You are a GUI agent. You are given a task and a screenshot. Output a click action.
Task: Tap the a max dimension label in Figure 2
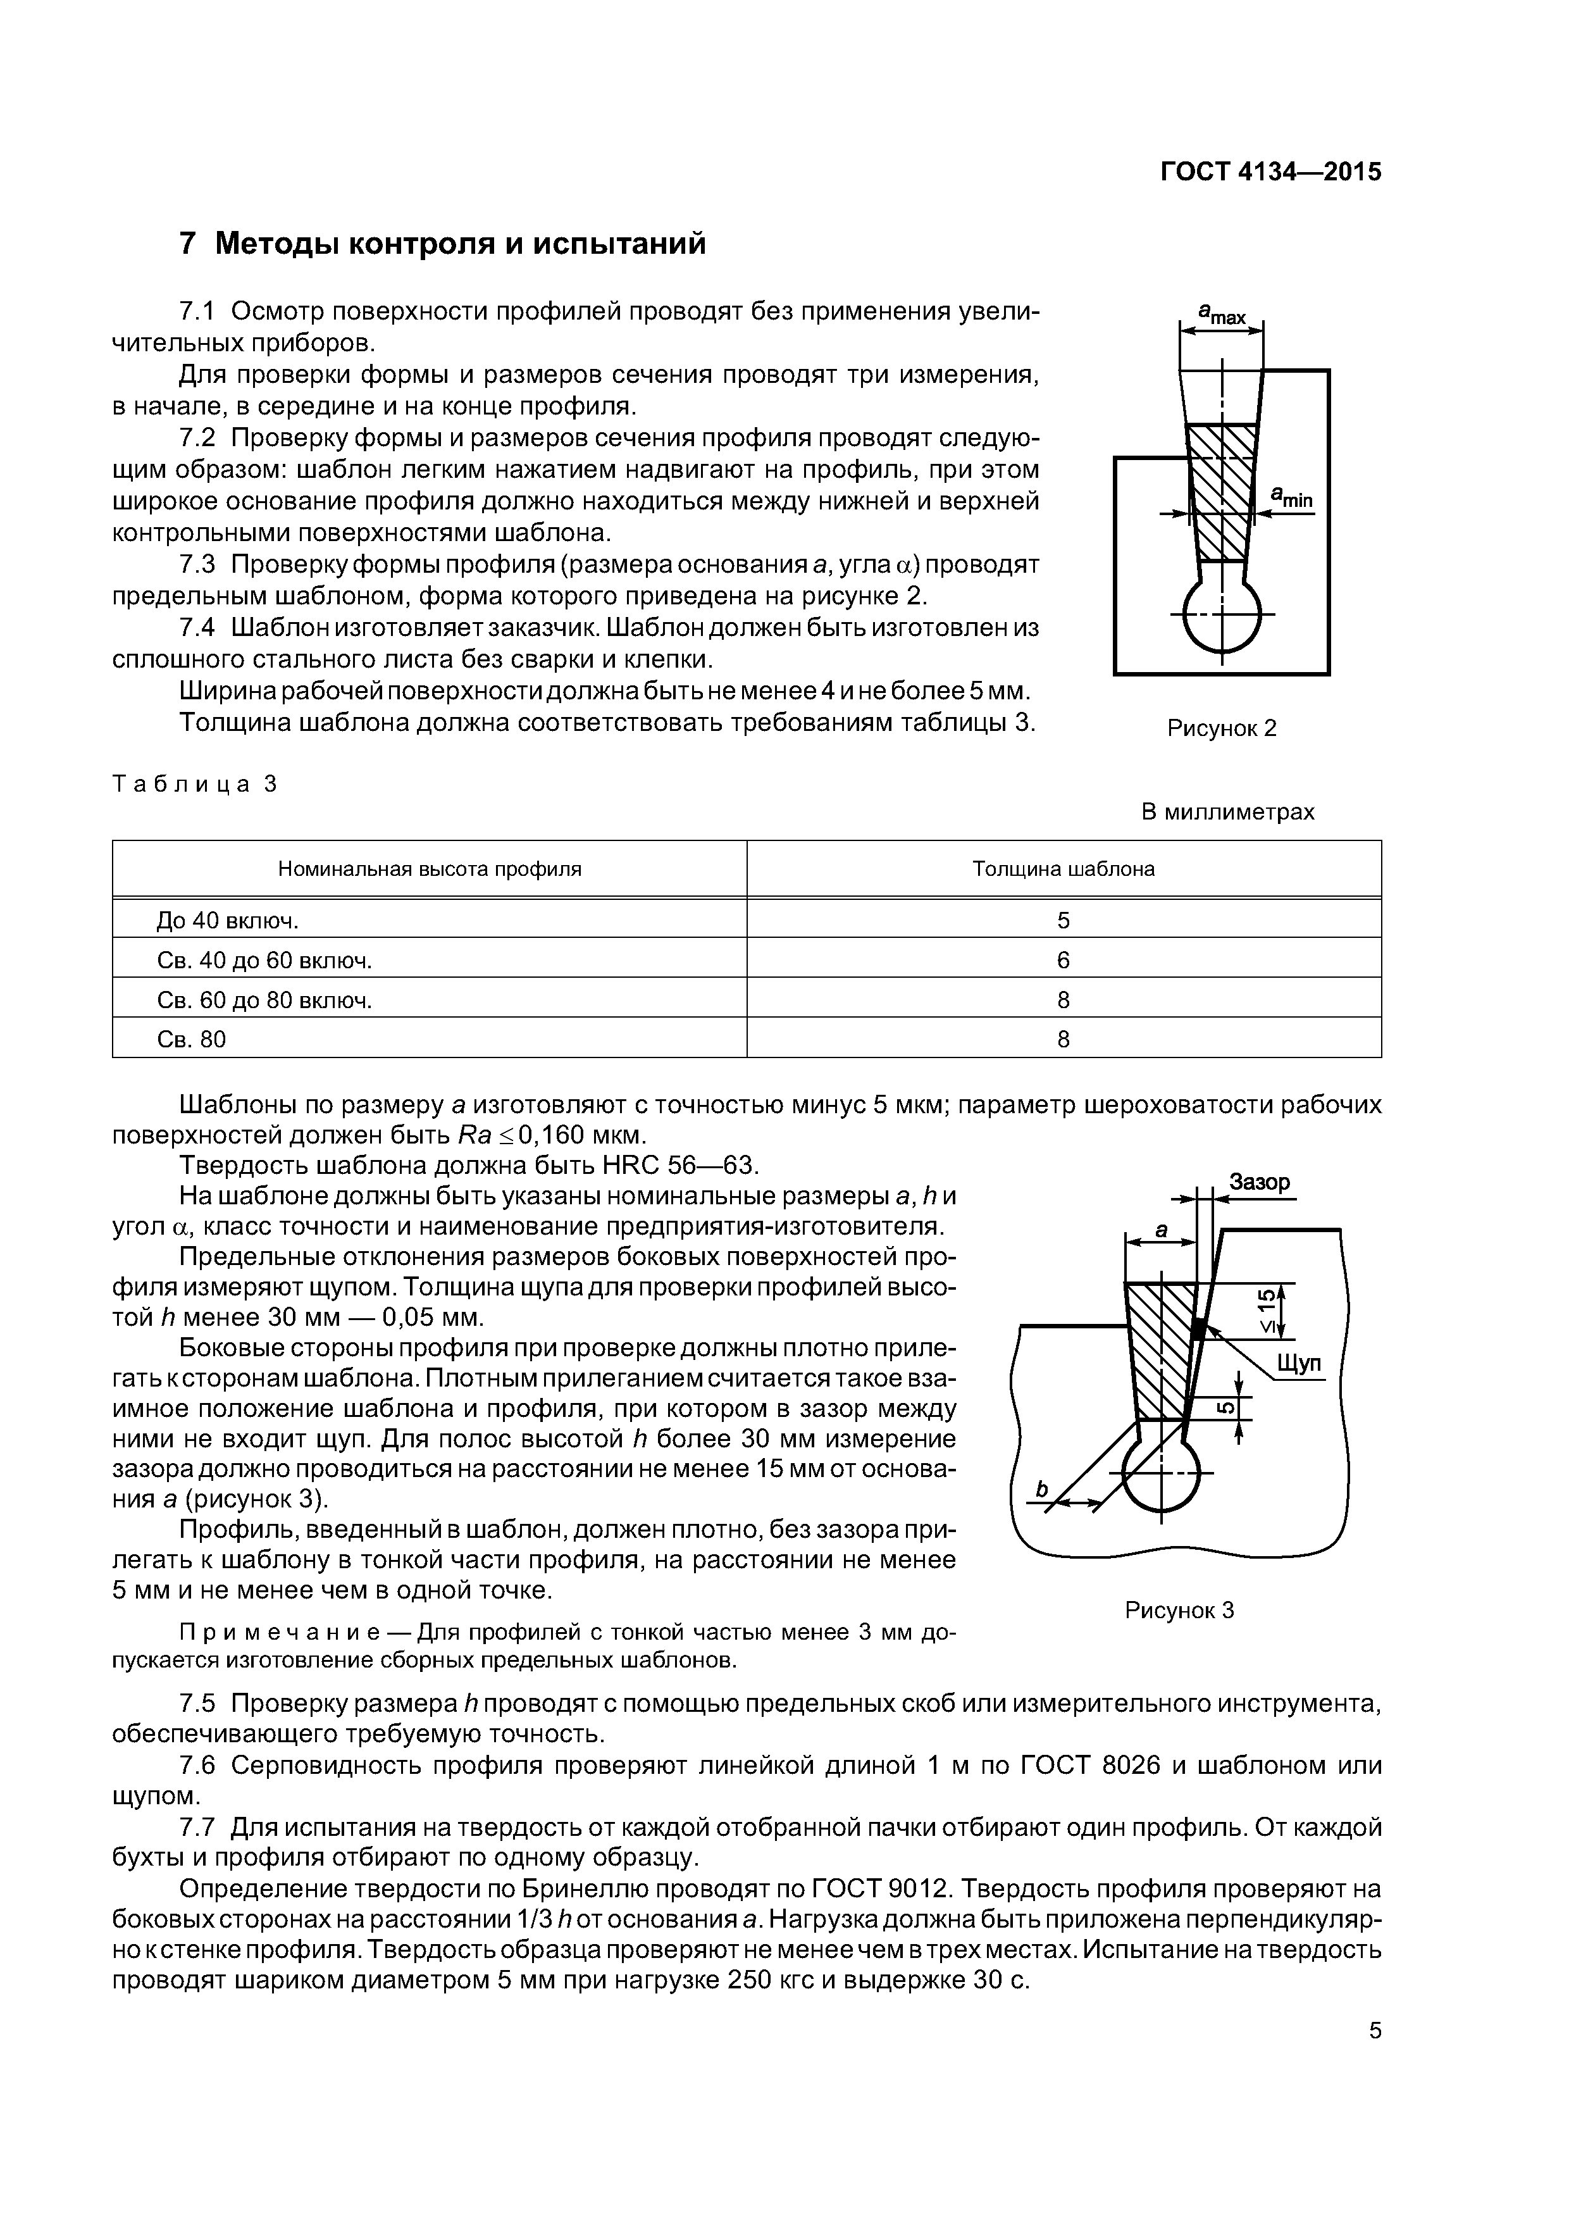pos(1222,313)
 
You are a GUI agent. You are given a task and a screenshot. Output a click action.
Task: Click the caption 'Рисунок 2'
pos(1221,728)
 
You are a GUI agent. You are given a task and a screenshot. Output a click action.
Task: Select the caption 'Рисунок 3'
pos(1179,1610)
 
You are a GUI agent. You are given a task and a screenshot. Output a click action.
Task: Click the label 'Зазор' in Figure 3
pos(1259,1183)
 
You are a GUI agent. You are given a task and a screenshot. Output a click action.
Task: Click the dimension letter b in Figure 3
pos(1041,1490)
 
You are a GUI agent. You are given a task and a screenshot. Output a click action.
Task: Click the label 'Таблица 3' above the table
pos(194,784)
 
